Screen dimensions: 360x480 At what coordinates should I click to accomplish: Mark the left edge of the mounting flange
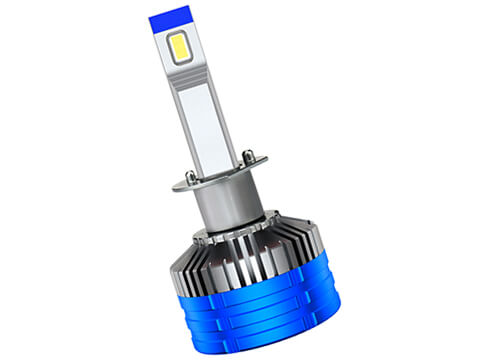point(176,186)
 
